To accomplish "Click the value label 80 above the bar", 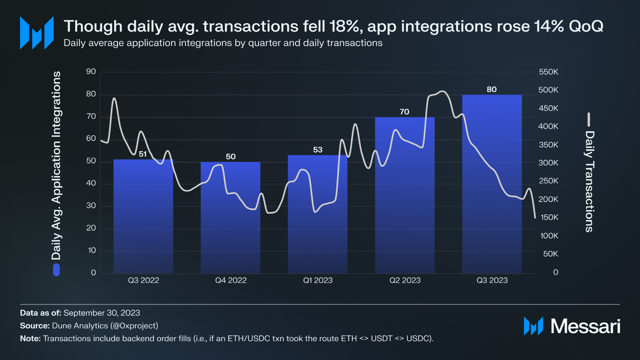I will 492,89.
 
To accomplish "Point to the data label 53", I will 318,150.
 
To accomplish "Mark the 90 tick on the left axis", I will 91,72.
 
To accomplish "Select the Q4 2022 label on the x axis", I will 231,281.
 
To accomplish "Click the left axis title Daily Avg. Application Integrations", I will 56,166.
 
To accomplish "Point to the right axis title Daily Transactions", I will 589,181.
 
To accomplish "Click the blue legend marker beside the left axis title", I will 56,269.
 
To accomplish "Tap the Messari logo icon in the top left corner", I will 37,33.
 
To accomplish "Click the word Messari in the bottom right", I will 585,326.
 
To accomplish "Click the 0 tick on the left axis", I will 93,273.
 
